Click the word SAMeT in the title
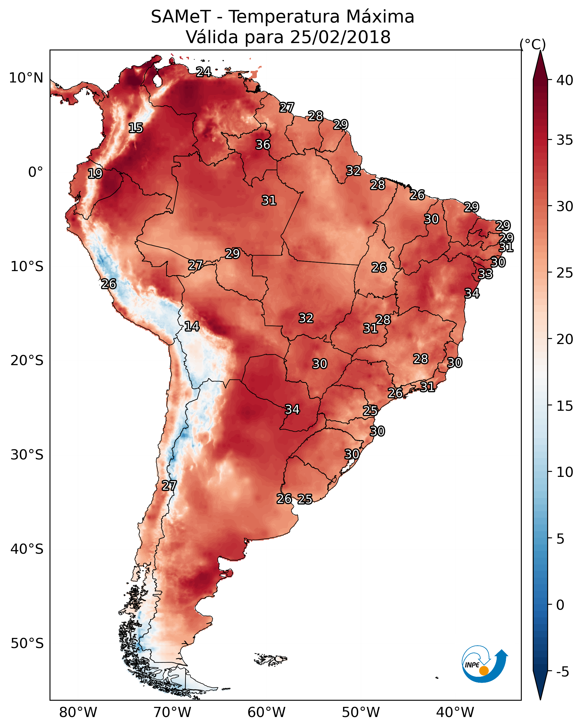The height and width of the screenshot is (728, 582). [x=181, y=17]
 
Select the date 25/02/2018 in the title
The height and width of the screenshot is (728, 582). [x=340, y=37]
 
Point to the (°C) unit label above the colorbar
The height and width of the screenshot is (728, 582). [x=533, y=44]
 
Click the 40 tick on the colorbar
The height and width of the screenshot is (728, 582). [x=565, y=80]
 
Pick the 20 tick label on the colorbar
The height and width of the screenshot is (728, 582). [x=565, y=339]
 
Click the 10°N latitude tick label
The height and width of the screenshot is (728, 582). [x=26, y=78]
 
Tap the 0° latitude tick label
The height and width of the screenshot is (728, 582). [x=36, y=172]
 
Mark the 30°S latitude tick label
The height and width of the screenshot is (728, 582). [x=27, y=455]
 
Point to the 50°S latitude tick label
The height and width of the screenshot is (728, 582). [x=27, y=643]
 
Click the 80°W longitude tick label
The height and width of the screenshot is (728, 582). [x=78, y=713]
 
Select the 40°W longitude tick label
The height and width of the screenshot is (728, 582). [x=455, y=713]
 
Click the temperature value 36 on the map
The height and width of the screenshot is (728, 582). [x=263, y=144]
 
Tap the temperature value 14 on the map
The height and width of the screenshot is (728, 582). [x=192, y=326]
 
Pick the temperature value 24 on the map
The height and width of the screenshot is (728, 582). [x=204, y=72]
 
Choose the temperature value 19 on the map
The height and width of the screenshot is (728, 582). [x=95, y=174]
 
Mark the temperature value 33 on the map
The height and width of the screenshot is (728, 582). [x=486, y=274]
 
